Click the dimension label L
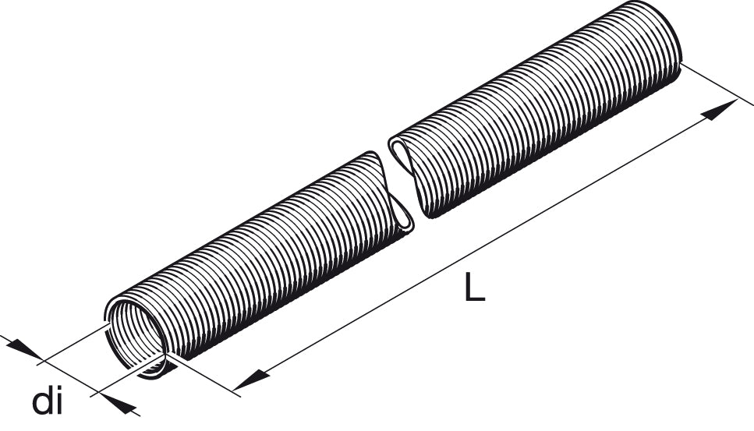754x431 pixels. (475, 287)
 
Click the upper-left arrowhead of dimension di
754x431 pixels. (26, 349)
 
